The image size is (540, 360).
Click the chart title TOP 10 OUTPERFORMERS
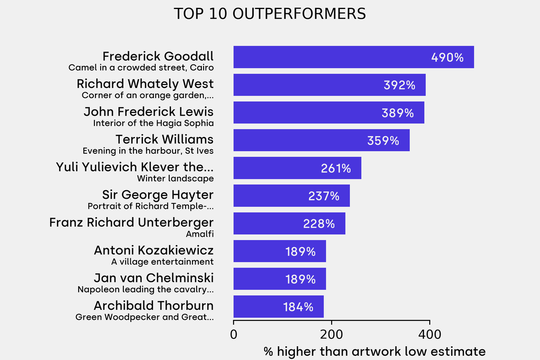pyautogui.click(x=269, y=14)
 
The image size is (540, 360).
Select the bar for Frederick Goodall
pyautogui.click(x=353, y=57)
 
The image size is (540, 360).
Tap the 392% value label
pyautogui.click(x=399, y=85)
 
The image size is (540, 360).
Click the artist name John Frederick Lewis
pyautogui.click(x=148, y=112)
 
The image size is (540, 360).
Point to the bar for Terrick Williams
pyautogui.click(x=321, y=140)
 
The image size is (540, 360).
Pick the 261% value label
pyautogui.click(x=335, y=168)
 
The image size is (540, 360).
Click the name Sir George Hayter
pyautogui.click(x=158, y=195)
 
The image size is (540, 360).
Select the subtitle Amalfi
pyautogui.click(x=199, y=233)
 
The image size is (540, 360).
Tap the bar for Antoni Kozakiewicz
pyautogui.click(x=279, y=251)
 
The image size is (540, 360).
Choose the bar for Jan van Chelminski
pyautogui.click(x=279, y=279)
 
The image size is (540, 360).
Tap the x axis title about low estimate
pyautogui.click(x=374, y=351)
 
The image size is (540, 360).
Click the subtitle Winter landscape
pyautogui.click(x=175, y=178)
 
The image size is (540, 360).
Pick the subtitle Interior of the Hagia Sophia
pyautogui.click(x=153, y=123)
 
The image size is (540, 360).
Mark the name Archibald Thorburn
pyautogui.click(x=153, y=306)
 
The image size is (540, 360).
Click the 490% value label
pyautogui.click(x=447, y=57)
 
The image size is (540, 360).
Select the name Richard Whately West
pyautogui.click(x=145, y=84)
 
